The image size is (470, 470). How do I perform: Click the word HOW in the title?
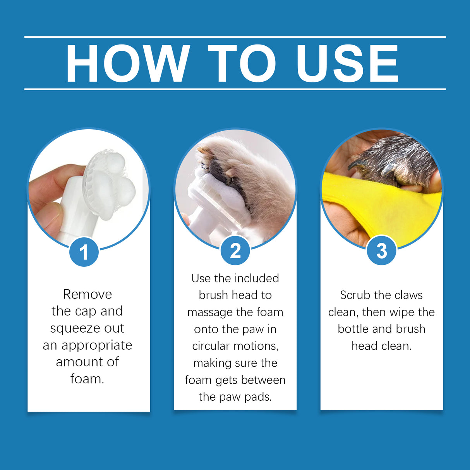pyautogui.click(x=128, y=63)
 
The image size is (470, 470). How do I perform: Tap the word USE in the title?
pyautogui.click(x=347, y=63)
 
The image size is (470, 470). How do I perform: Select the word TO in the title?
pyautogui.click(x=242, y=63)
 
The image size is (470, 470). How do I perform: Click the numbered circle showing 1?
pyautogui.click(x=84, y=252)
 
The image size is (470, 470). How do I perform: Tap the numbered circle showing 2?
pyautogui.click(x=235, y=250)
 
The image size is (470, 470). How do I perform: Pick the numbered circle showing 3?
pyautogui.click(x=381, y=250)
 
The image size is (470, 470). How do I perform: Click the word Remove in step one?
pyautogui.click(x=87, y=294)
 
